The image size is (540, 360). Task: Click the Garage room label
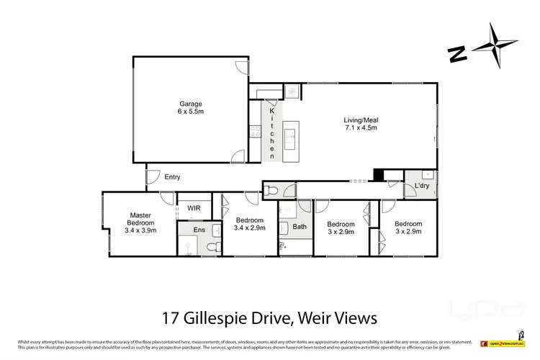[x=171, y=103]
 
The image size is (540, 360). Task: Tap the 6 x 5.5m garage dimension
[x=171, y=112]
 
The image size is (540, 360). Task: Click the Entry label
[x=172, y=177]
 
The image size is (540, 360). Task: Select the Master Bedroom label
[x=140, y=219]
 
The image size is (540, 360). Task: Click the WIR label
[x=194, y=209]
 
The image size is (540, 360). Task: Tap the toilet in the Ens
[x=212, y=247]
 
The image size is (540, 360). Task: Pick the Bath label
[x=300, y=227]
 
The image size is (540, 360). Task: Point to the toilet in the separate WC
[x=269, y=191]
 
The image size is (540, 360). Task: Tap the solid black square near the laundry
[x=378, y=174]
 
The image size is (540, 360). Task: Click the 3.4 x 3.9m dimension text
[x=140, y=232]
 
